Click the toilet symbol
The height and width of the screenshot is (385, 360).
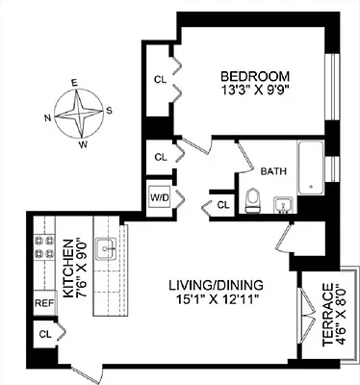tap(253, 199)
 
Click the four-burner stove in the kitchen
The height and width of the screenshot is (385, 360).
tap(43, 249)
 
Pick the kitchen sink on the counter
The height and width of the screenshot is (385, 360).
tap(109, 249)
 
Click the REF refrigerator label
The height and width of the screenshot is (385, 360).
tap(43, 302)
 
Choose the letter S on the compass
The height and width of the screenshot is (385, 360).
tap(109, 109)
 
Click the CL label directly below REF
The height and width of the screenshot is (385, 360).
tap(44, 334)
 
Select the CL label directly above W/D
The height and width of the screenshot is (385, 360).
tap(161, 155)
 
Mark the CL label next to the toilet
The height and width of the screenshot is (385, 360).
tap(222, 205)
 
